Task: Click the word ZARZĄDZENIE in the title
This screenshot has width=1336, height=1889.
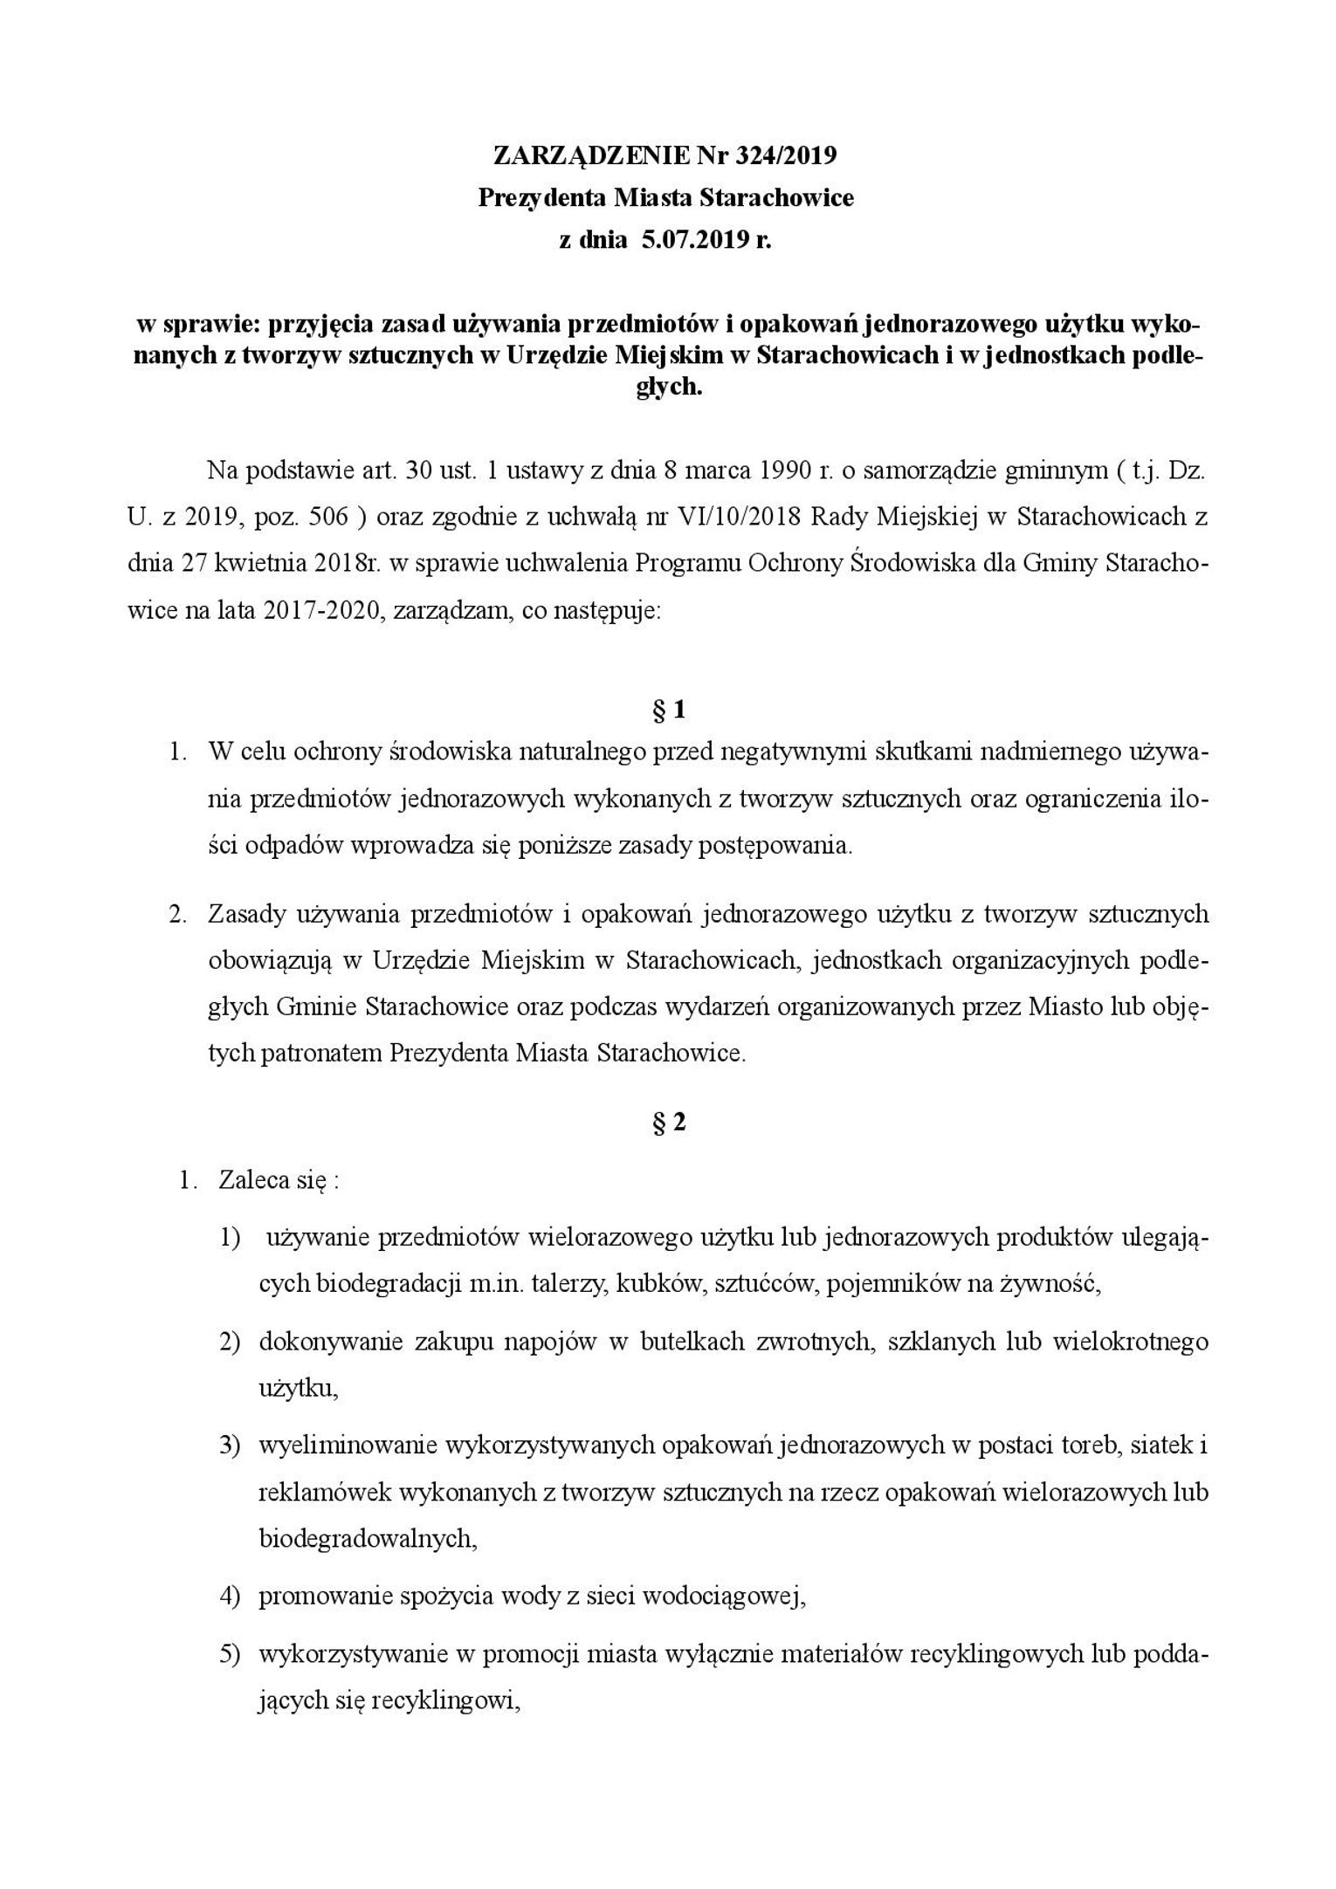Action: [591, 155]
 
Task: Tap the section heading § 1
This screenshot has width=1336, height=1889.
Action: [668, 711]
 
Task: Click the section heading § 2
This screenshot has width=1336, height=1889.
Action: [668, 1123]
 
